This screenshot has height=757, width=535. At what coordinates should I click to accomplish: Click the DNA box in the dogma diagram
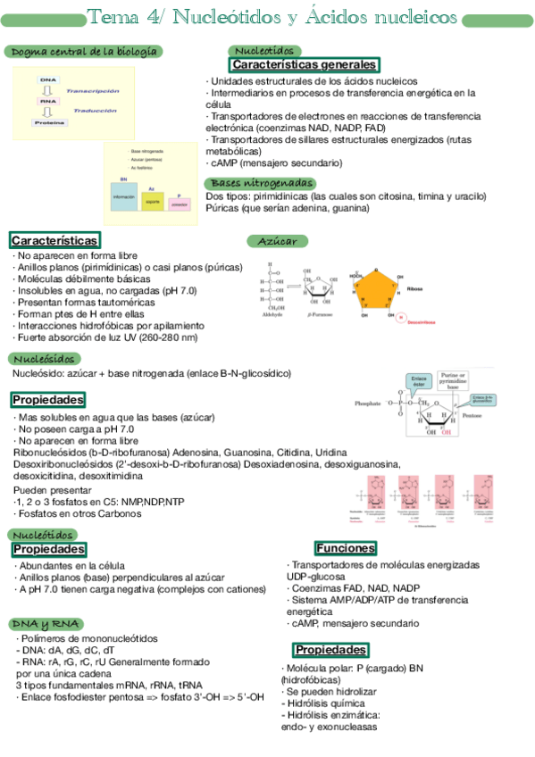(x=47, y=79)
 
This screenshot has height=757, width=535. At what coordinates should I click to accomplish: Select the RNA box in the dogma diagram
(x=47, y=101)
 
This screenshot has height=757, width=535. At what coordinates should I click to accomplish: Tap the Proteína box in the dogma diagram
(x=48, y=122)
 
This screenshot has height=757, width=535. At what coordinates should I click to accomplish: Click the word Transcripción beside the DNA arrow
(x=92, y=90)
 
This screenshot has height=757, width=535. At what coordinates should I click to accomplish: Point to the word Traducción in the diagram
(x=96, y=111)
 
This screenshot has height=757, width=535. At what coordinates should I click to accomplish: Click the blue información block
(x=123, y=195)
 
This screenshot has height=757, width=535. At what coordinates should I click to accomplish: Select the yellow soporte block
(x=152, y=200)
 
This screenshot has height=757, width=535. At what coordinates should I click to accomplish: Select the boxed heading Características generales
(x=305, y=65)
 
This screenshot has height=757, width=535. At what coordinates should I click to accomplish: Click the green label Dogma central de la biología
(x=85, y=52)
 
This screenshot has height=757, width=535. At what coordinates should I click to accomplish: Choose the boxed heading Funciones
(x=345, y=547)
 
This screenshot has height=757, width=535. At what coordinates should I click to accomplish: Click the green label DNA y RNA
(x=46, y=622)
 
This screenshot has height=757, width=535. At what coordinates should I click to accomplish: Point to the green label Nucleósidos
(x=45, y=358)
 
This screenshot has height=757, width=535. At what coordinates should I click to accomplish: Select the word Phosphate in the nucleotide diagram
(x=367, y=403)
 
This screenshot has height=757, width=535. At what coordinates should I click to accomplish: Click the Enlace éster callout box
(x=417, y=382)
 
